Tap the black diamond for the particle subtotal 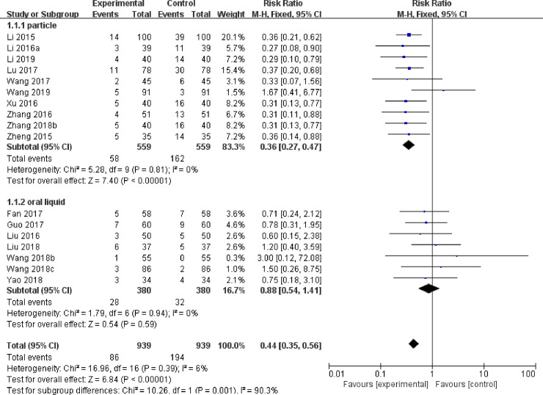pos(409,145)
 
